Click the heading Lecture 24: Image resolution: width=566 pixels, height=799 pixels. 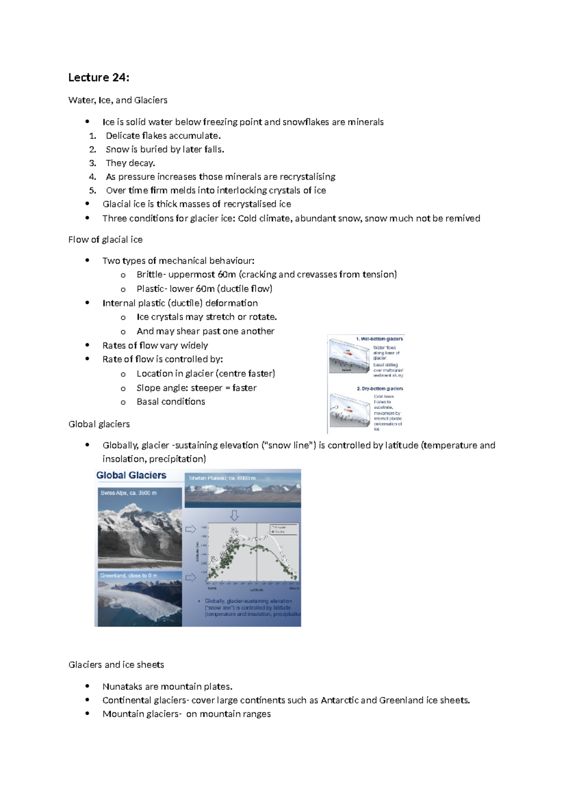click(99, 77)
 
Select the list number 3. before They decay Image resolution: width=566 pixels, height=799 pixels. click(92, 163)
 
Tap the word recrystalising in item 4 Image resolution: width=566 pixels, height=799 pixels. click(307, 177)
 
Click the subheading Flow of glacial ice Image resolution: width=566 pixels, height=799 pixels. click(105, 239)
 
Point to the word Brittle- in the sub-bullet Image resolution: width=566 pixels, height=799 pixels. click(151, 274)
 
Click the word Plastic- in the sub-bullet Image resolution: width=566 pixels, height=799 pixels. click(151, 288)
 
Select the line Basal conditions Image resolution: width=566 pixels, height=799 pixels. click(171, 401)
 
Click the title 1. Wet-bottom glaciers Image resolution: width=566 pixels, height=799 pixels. click(379, 339)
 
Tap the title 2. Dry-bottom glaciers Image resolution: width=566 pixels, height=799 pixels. click(380, 389)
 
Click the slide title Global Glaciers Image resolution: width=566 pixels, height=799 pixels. click(131, 475)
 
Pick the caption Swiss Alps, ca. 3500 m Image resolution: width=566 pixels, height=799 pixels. click(128, 493)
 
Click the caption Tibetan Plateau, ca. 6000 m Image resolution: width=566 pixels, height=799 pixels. click(222, 478)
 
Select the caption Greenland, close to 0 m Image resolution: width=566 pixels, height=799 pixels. click(128, 575)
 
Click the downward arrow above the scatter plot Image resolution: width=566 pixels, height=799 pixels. click(234, 515)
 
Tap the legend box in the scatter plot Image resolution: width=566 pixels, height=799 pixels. click(283, 529)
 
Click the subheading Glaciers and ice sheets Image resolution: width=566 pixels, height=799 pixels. click(116, 665)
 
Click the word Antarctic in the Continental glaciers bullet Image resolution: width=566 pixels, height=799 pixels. click(340, 700)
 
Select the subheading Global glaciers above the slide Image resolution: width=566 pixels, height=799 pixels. click(99, 424)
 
